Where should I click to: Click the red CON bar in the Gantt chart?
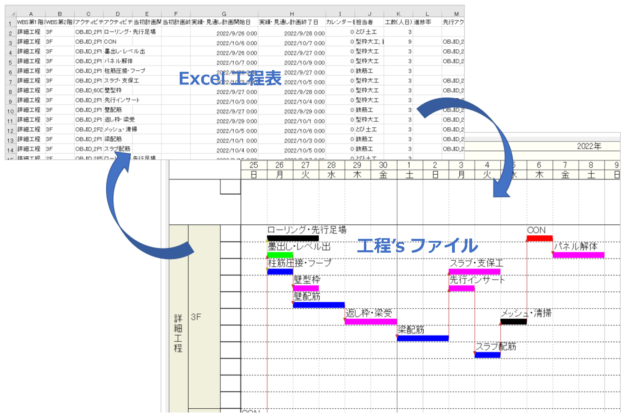[x=539, y=238]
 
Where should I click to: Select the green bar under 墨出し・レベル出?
[x=280, y=255]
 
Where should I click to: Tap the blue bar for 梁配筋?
[x=423, y=338]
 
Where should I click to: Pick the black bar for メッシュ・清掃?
[x=514, y=322]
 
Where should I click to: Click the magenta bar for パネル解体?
[x=579, y=255]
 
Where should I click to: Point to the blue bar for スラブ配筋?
[x=487, y=355]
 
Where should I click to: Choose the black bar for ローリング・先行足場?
[x=293, y=238]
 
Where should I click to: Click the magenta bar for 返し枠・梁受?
[x=371, y=322]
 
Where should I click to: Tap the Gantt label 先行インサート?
[x=477, y=280]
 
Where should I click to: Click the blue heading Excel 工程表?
[x=230, y=78]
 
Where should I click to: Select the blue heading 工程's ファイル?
[x=417, y=245]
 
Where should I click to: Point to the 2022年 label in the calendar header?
[x=589, y=146]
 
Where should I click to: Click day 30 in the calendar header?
[x=383, y=165]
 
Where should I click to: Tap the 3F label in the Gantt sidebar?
[x=196, y=317]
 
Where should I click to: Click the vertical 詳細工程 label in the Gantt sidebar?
[x=178, y=333]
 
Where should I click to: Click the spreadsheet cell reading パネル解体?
[x=119, y=61]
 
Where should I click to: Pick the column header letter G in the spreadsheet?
[x=224, y=14]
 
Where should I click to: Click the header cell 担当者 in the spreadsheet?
[x=364, y=22]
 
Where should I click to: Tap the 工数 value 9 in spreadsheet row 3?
[x=410, y=42]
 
